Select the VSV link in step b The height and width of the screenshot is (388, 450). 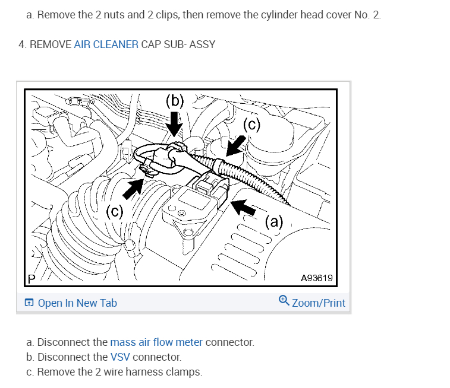(x=120, y=357)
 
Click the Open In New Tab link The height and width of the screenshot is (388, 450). (x=77, y=303)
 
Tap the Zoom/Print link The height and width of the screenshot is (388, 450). (x=318, y=303)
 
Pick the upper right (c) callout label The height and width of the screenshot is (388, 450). (x=252, y=125)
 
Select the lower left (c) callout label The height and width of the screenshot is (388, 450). (x=115, y=212)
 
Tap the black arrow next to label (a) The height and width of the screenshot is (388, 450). (x=244, y=207)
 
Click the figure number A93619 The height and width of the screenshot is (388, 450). (x=316, y=278)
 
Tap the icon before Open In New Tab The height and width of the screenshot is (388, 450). (x=29, y=303)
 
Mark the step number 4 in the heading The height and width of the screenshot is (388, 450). (x=22, y=44)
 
